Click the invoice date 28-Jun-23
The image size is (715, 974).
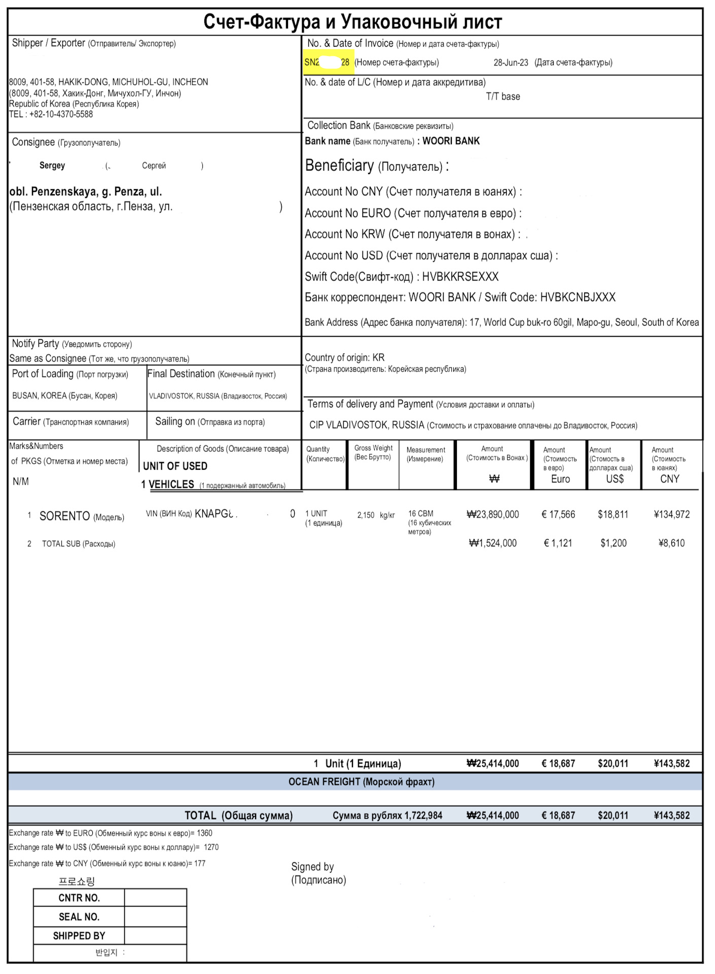pyautogui.click(x=511, y=62)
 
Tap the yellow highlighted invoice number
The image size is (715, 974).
pyautogui.click(x=327, y=62)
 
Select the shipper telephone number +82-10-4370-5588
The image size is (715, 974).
pyautogui.click(x=61, y=114)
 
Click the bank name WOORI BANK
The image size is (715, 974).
pyautogui.click(x=451, y=141)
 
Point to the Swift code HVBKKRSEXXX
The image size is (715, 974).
pyautogui.click(x=460, y=276)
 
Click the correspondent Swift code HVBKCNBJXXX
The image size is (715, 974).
pyautogui.click(x=578, y=297)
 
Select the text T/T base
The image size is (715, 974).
pyautogui.click(x=503, y=96)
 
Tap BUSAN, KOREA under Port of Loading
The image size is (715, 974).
pyautogui.click(x=40, y=396)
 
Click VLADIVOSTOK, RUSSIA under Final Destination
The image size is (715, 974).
pyautogui.click(x=184, y=396)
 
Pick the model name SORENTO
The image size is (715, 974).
pyautogui.click(x=64, y=516)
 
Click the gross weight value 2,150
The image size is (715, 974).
pyautogui.click(x=366, y=515)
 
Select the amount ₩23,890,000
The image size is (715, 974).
pyautogui.click(x=492, y=514)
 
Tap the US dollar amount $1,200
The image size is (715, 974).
pyautogui.click(x=613, y=543)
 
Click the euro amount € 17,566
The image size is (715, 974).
pyautogui.click(x=558, y=514)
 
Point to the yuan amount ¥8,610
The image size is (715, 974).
pyautogui.click(x=671, y=543)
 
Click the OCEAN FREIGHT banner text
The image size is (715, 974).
pyautogui.click(x=361, y=782)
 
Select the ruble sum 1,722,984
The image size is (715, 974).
pyautogui.click(x=423, y=816)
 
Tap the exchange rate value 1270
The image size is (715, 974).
pyautogui.click(x=211, y=847)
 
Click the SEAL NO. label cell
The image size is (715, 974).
pyautogui.click(x=79, y=917)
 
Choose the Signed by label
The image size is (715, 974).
pyautogui.click(x=312, y=866)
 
